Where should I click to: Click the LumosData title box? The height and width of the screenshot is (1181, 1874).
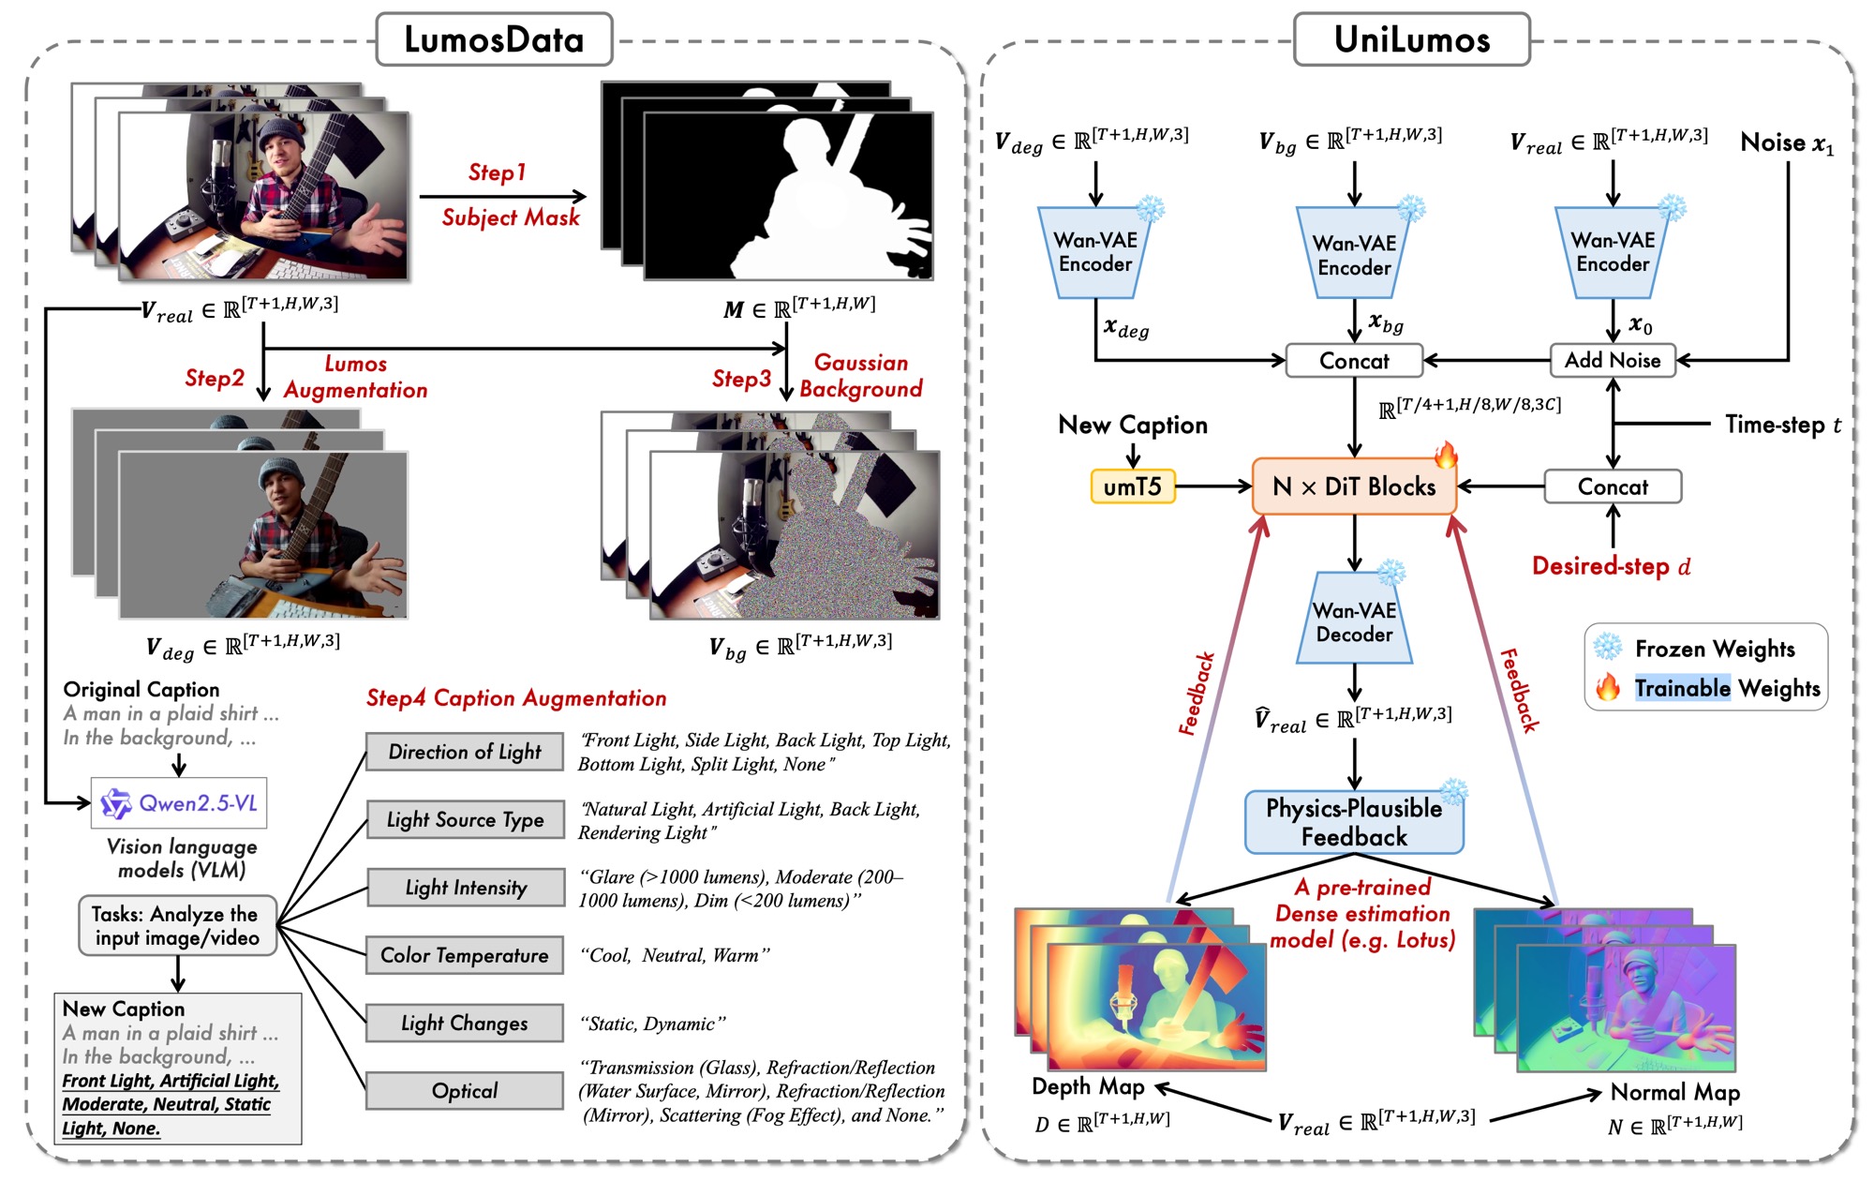click(x=494, y=39)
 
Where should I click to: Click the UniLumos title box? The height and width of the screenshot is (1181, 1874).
click(x=1411, y=39)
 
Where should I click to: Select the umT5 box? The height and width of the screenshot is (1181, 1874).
click(x=1133, y=486)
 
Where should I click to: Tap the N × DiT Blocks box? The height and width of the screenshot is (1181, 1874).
click(x=1354, y=486)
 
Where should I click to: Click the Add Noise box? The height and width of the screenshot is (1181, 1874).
click(x=1613, y=360)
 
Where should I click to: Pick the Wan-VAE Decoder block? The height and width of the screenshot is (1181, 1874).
click(x=1354, y=620)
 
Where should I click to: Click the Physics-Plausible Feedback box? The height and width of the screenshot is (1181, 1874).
click(x=1354, y=822)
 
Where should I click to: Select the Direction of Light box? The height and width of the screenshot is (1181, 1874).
click(x=465, y=752)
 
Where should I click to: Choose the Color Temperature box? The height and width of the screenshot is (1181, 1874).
click(x=465, y=955)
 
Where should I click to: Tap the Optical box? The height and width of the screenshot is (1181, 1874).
click(x=465, y=1091)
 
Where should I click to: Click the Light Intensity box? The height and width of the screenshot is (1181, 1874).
click(x=465, y=888)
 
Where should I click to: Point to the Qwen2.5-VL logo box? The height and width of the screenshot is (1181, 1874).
click(x=179, y=803)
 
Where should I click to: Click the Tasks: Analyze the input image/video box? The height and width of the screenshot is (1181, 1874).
click(x=177, y=925)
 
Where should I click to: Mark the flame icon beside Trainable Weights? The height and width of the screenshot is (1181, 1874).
click(x=1608, y=688)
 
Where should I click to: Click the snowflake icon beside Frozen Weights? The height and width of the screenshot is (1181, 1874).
click(x=1608, y=647)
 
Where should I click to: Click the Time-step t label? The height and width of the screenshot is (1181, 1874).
click(x=1783, y=425)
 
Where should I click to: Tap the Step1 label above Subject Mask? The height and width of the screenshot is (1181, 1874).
click(x=497, y=172)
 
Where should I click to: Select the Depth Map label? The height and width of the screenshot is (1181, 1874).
click(x=1088, y=1086)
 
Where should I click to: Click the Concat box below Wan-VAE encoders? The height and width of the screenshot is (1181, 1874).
click(x=1354, y=361)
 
